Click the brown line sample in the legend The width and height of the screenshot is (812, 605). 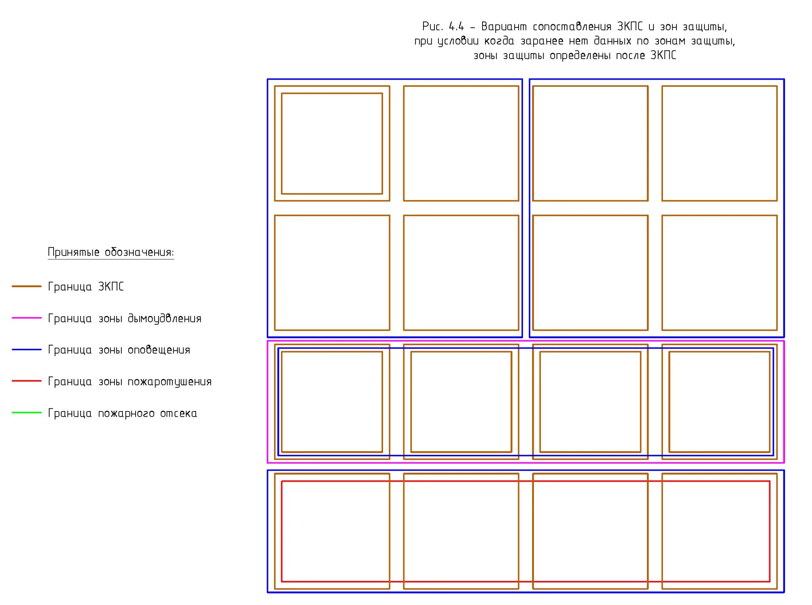(x=27, y=286)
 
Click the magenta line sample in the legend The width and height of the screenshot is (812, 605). (x=27, y=318)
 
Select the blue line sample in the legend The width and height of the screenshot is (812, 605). (x=27, y=350)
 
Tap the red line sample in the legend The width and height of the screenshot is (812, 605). (x=27, y=381)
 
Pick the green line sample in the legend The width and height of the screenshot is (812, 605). (x=27, y=413)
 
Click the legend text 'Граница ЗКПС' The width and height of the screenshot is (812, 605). (x=86, y=287)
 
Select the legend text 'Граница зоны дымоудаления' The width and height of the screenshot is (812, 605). (x=124, y=318)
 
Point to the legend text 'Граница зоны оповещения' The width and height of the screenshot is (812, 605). (x=119, y=350)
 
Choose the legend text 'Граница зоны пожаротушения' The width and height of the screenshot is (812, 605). (x=130, y=382)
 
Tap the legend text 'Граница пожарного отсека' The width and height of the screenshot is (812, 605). (x=122, y=414)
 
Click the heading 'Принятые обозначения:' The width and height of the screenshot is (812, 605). (x=111, y=252)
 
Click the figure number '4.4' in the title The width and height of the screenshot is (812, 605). (x=456, y=27)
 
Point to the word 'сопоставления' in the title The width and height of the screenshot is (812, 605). (x=572, y=27)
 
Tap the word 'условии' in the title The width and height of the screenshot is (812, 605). (x=458, y=41)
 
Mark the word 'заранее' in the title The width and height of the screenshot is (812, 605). (x=542, y=41)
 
